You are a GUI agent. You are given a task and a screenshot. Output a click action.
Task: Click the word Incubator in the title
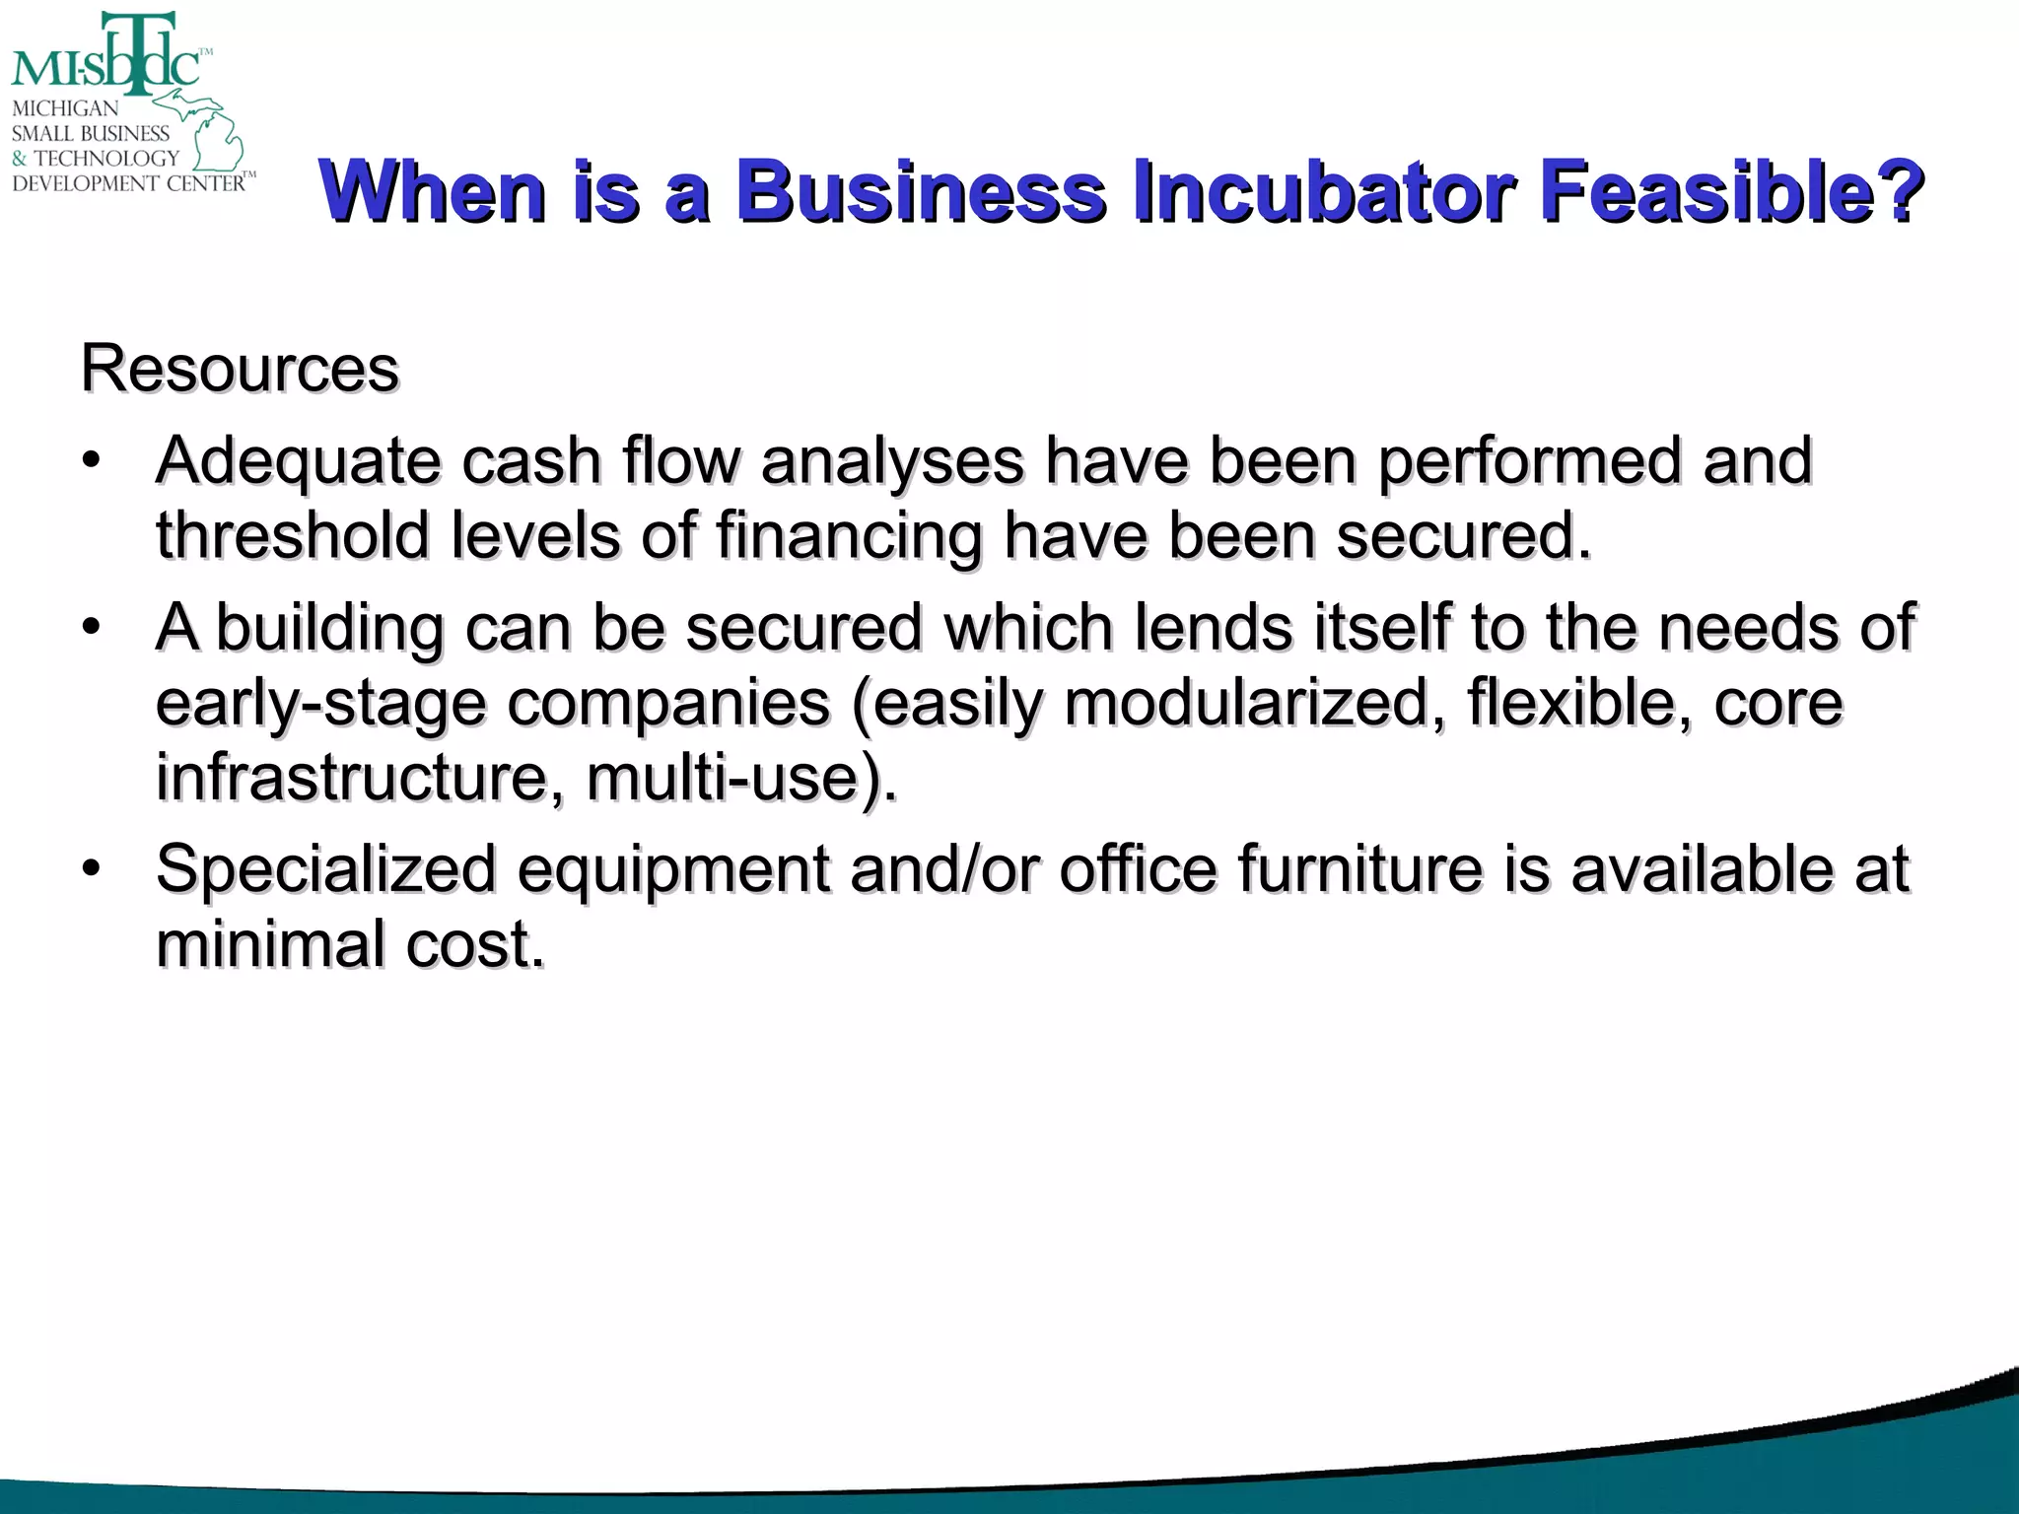tap(1322, 191)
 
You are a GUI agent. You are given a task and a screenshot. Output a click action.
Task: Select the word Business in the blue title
tap(922, 191)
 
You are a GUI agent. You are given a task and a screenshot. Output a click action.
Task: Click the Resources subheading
tap(240, 369)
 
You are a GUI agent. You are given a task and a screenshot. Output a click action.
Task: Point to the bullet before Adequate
tap(92, 460)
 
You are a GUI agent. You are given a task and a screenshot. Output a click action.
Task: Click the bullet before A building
tap(92, 627)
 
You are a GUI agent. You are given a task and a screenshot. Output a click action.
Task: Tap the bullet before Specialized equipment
tap(92, 868)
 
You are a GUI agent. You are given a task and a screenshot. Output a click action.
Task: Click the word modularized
tap(1248, 704)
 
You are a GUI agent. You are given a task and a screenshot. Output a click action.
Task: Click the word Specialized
tap(325, 870)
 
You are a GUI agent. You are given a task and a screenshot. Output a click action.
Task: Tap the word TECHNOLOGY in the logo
tap(106, 158)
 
